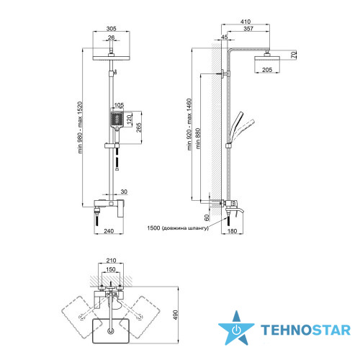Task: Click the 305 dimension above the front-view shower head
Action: (x=112, y=29)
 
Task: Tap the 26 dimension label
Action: (x=111, y=37)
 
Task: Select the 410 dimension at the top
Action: (x=246, y=22)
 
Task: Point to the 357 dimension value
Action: (x=248, y=29)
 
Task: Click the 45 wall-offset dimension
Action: (x=225, y=37)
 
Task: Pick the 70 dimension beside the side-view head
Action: (x=294, y=55)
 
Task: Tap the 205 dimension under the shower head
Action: (x=267, y=70)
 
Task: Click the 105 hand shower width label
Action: (x=119, y=105)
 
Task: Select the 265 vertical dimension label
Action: (x=139, y=127)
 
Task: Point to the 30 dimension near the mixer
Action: (x=124, y=192)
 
